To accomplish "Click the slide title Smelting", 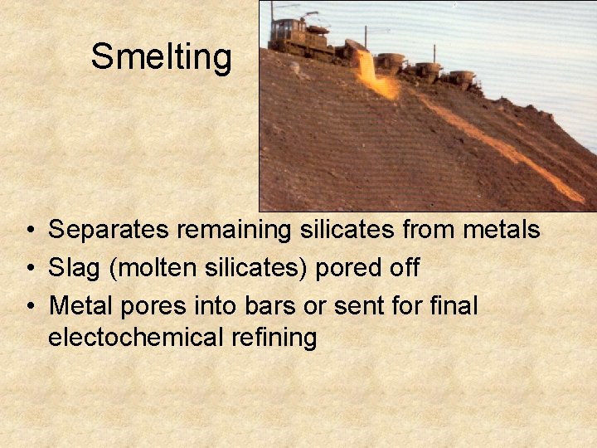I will pos(161,57).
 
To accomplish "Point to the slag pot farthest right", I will pos(463,80).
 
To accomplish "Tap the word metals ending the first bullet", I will pos(504,230).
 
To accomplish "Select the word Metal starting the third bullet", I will pos(81,305).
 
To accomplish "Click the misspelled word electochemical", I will pos(137,338).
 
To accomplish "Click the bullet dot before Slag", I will pos(30,269).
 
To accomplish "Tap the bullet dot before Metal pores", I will pos(30,307).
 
